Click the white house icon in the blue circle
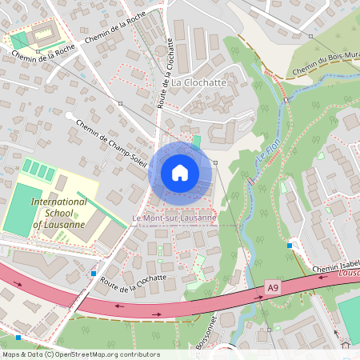(x=180, y=172)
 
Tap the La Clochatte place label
(x=198, y=82)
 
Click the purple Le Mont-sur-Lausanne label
(x=174, y=218)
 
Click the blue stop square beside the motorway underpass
(x=94, y=274)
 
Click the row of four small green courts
(x=38, y=170)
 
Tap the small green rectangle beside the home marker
(x=197, y=142)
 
